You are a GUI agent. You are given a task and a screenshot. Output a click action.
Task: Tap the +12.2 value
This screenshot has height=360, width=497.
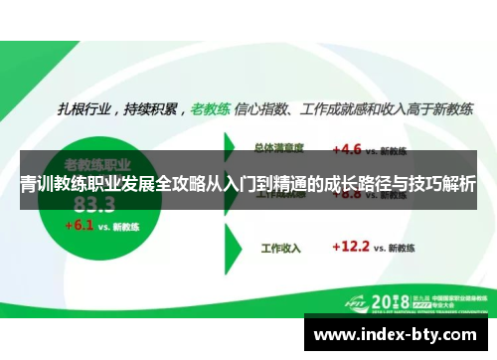[x=350, y=245]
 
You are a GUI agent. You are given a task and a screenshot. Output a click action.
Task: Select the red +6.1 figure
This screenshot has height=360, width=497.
[x=79, y=225]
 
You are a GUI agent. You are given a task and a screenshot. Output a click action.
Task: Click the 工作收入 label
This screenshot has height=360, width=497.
[x=280, y=246]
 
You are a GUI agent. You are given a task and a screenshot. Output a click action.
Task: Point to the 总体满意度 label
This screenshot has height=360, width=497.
[x=279, y=149]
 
